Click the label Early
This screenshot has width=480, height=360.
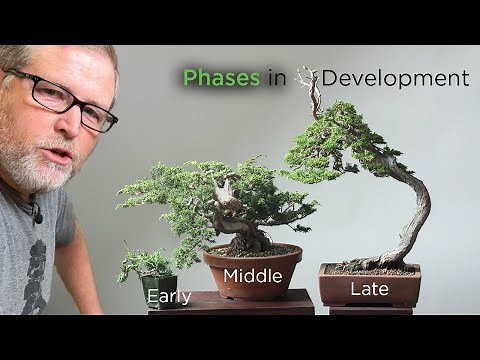coord(169,296)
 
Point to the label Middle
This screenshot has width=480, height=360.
coord(252,276)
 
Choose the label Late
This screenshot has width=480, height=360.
coord(366,291)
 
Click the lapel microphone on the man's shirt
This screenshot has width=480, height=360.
coord(37,212)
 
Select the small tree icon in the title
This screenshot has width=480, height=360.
coord(307,76)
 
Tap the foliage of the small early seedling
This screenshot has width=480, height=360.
coord(146,264)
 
